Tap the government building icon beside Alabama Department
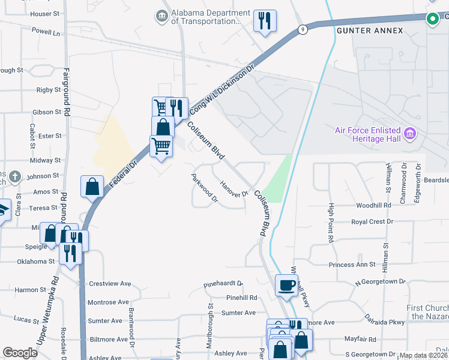click(x=161, y=16)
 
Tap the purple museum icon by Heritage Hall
click(x=410, y=133)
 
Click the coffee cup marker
click(x=287, y=284)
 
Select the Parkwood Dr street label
click(x=203, y=189)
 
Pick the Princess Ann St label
click(x=351, y=265)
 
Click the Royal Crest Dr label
click(x=372, y=221)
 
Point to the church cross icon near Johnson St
click(x=14, y=177)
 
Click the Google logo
click(x=20, y=353)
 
